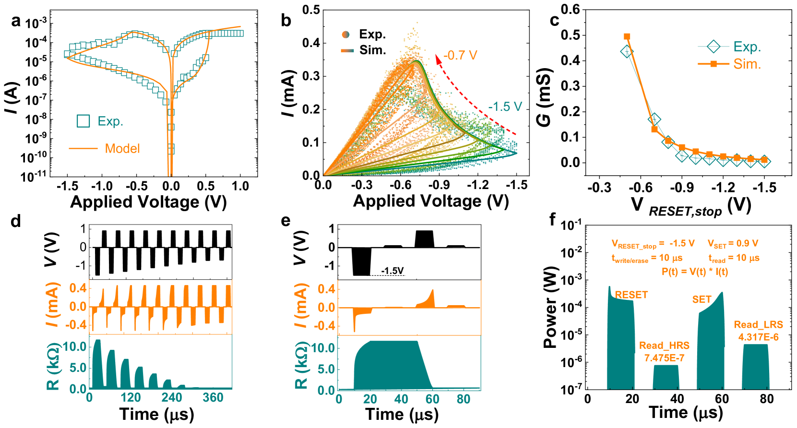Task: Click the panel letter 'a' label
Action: pos(16,21)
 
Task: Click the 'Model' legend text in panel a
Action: pos(122,149)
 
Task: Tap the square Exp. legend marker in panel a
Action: pos(83,121)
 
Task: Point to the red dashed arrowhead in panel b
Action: pos(438,59)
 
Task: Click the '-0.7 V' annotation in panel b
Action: pos(460,56)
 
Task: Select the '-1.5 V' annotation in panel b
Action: pos(505,107)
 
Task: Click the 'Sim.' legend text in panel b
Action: pos(373,50)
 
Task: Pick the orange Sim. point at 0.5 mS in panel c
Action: pos(627,36)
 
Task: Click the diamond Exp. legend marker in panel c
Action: pos(714,47)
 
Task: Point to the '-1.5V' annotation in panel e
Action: pos(392,271)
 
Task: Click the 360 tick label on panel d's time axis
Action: pos(213,398)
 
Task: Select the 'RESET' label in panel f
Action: pos(631,295)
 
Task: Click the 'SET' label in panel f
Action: pos(702,300)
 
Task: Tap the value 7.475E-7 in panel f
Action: pos(664,358)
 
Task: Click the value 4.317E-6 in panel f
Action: pos(758,337)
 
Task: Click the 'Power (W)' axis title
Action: pos(550,307)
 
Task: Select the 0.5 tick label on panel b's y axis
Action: pos(311,10)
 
